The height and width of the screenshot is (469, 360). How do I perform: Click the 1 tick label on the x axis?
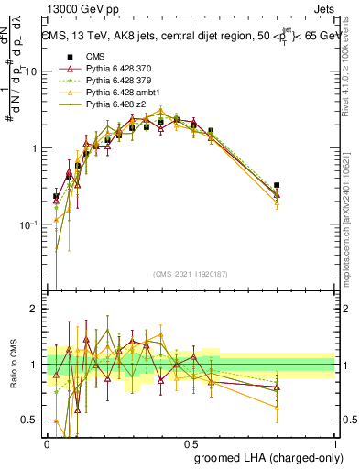point(333,443)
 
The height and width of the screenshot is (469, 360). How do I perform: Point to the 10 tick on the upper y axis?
point(32,71)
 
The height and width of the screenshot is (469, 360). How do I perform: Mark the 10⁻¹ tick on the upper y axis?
point(29,225)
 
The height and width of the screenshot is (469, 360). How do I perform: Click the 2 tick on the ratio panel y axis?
point(35,310)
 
